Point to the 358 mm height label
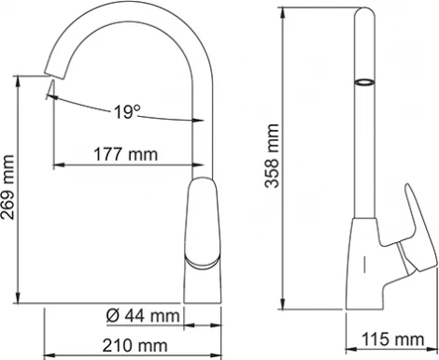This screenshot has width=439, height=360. coord(273,159)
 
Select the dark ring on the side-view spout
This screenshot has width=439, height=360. coord(362,83)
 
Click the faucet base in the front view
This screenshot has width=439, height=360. coord(205,285)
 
